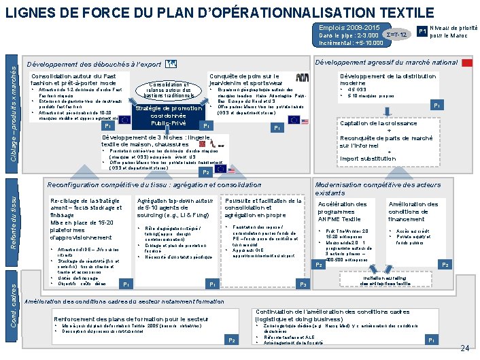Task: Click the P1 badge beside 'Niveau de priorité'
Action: point(422,31)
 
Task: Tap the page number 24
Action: point(465,348)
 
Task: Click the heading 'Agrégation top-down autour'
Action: point(175,201)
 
